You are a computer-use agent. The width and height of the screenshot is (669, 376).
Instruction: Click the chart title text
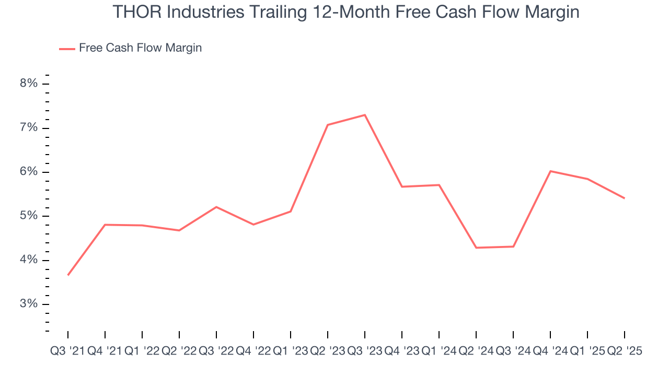click(x=345, y=13)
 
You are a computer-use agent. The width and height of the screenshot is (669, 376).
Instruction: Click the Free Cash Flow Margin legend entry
click(x=140, y=48)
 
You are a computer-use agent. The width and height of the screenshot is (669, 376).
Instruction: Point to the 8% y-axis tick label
click(x=29, y=84)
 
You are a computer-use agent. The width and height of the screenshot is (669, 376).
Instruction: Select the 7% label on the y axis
click(x=29, y=128)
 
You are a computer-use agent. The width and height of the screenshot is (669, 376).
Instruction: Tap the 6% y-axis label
click(x=29, y=172)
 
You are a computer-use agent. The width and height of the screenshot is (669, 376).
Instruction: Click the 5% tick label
click(x=29, y=216)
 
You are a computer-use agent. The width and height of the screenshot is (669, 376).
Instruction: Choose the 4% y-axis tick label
click(x=29, y=260)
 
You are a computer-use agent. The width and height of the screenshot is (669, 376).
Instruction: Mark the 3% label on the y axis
click(x=29, y=304)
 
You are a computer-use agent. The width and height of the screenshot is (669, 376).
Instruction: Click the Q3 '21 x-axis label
click(x=67, y=351)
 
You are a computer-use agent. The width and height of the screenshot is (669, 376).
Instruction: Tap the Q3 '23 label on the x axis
click(x=365, y=351)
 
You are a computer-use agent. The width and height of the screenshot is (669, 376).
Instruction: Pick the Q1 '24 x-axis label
click(x=439, y=351)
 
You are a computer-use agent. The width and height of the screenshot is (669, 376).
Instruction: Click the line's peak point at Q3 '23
click(x=365, y=115)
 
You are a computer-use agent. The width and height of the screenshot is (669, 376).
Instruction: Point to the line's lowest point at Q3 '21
click(x=68, y=275)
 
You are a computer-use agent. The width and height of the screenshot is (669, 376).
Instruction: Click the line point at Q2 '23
click(x=328, y=125)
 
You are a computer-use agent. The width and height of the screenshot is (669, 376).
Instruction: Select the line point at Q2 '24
click(x=476, y=248)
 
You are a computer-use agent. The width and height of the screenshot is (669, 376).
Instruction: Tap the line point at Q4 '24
click(x=550, y=171)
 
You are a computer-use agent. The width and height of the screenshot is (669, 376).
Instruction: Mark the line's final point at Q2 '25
click(x=625, y=198)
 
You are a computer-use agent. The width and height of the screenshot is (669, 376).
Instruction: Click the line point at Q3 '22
click(x=216, y=207)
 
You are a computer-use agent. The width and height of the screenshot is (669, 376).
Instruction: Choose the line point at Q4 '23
click(x=402, y=186)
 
